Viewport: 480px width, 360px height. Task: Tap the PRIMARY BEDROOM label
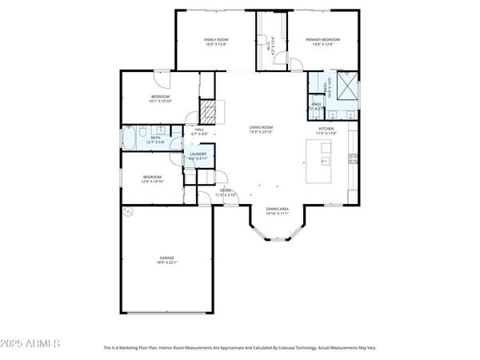click(323, 39)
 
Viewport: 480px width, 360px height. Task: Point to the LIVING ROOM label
click(261, 127)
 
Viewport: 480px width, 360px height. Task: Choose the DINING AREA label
click(278, 208)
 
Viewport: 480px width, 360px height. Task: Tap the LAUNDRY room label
click(198, 154)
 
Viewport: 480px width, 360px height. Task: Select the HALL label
click(200, 130)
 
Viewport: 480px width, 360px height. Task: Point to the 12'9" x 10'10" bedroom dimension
click(152, 182)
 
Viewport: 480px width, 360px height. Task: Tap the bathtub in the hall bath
click(130, 138)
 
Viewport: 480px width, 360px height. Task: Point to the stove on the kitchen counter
click(352, 160)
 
